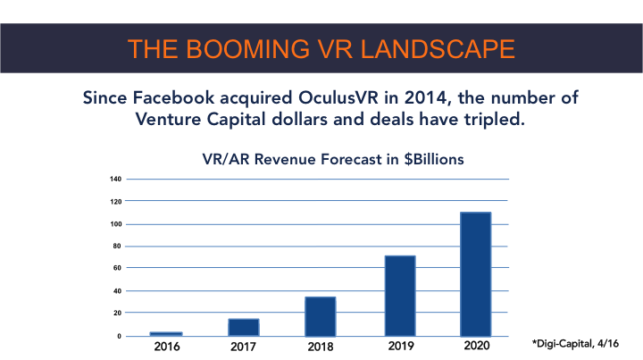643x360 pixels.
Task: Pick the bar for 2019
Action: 399,295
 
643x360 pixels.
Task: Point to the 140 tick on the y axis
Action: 116,179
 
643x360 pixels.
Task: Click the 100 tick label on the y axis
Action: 116,223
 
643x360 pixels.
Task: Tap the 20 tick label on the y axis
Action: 118,313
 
